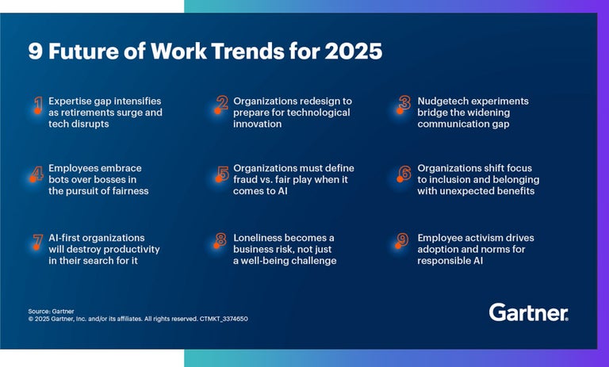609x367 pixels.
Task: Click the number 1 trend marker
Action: pos(37,105)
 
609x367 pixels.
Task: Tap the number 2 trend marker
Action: pos(222,105)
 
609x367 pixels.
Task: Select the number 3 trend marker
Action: pos(404,105)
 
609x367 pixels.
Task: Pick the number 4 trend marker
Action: pos(37,172)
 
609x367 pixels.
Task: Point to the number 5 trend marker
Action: pos(222,172)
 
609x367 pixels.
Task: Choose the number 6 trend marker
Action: pos(404,172)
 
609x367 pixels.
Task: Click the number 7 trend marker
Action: pos(37,241)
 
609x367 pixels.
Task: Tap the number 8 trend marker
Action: pos(222,241)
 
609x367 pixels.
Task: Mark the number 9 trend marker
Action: pos(404,241)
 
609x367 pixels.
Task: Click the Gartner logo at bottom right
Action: pos(528,312)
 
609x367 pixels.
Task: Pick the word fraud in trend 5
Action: pos(247,179)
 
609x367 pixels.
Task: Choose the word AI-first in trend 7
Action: pos(66,238)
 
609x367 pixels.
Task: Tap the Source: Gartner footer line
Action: pos(51,311)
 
